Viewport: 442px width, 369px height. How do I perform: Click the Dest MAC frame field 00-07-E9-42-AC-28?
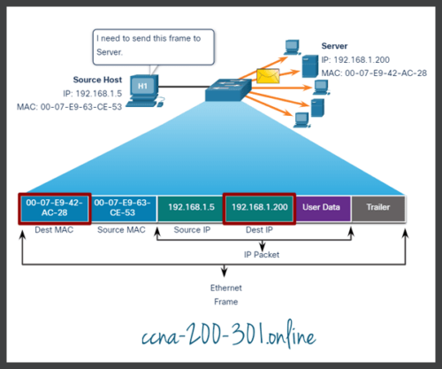(x=55, y=208)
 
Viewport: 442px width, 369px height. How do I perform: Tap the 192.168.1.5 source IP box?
(x=190, y=208)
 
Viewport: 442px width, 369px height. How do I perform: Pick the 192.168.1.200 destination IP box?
(x=257, y=208)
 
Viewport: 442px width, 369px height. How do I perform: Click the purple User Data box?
(x=323, y=208)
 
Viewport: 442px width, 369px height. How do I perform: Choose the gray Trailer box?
(x=379, y=208)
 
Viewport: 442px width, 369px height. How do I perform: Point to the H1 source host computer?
(x=142, y=88)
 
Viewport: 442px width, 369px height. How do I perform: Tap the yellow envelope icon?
(x=266, y=76)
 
